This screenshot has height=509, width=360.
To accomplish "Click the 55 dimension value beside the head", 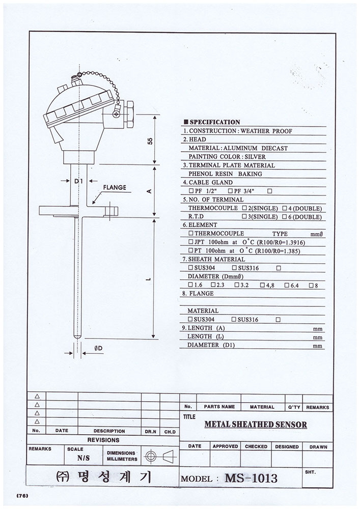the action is [150, 141].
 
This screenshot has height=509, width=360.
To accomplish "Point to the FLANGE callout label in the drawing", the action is [115, 187].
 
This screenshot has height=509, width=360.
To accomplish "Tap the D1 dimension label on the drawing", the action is [78, 182].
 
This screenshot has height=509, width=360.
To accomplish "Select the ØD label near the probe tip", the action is [98, 348].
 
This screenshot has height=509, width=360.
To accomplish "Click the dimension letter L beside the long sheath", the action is [148, 278].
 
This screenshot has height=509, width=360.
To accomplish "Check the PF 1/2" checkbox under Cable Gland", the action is [191, 191].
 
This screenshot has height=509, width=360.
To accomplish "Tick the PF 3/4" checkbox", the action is [230, 191].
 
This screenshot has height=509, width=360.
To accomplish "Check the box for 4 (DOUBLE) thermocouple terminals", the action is [284, 208].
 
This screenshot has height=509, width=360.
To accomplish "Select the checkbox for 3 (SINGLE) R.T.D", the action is [244, 216].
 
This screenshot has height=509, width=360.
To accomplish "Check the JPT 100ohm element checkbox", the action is [191, 242].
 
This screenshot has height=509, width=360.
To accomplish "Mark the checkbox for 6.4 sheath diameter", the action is [287, 286].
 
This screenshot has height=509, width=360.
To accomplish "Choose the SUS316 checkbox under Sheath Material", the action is [234, 268].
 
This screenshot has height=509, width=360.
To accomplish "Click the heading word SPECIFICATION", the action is [215, 122].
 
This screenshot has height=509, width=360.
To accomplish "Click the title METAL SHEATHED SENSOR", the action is [256, 425].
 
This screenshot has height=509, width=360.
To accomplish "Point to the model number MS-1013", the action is [251, 478].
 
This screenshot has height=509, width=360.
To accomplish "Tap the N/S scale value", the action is [84, 458].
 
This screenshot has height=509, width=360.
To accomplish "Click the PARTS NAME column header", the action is [219, 406].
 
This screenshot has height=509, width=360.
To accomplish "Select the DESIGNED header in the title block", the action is [287, 447].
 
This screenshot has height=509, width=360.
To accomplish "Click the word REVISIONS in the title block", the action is [103, 440].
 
